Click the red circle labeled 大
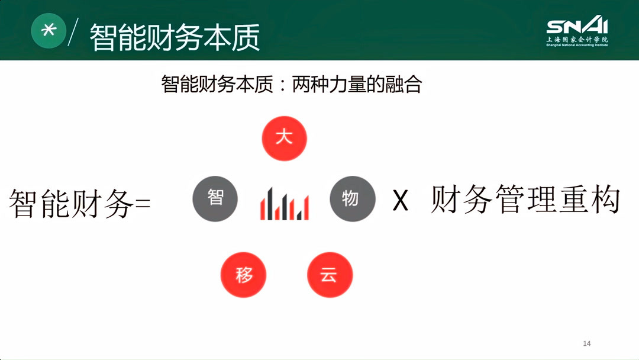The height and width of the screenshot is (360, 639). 285,139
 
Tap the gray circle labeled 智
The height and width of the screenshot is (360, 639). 215,198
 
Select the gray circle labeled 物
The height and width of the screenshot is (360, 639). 353,198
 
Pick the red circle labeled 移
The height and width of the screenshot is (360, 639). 244,275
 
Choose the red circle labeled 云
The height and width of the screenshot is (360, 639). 330,275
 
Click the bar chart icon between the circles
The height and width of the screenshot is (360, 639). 284,204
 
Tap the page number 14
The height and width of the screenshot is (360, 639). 587,344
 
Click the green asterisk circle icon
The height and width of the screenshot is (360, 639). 49,30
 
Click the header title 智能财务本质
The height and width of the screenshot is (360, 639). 175,37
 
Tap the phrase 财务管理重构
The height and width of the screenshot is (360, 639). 525,200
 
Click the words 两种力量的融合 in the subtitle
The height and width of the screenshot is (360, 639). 357,84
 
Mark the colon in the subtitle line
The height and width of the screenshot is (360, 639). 282,85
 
